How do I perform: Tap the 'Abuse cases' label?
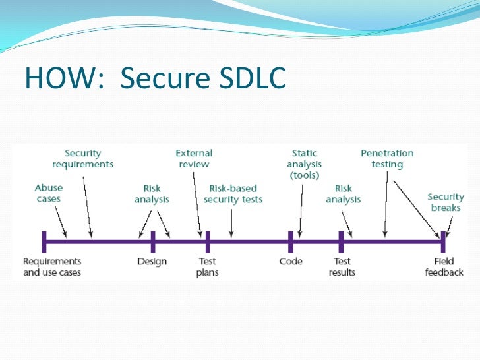(49, 193)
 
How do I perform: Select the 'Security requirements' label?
(83, 159)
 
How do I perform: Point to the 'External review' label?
(194, 159)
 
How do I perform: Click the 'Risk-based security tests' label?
(233, 194)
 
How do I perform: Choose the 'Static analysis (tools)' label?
(303, 164)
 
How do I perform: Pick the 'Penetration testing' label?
(387, 159)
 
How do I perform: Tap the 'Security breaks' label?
(446, 202)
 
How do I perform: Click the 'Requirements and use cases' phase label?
(51, 266)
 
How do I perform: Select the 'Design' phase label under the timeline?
(152, 262)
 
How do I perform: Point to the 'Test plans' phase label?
(208, 266)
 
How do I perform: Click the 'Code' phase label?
(291, 262)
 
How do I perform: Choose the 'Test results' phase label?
(342, 266)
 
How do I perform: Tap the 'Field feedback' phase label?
(444, 266)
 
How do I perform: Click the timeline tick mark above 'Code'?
(291, 242)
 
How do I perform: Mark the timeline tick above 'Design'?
(152, 242)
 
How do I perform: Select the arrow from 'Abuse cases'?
(61, 221)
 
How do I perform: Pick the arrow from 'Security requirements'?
(88, 204)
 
